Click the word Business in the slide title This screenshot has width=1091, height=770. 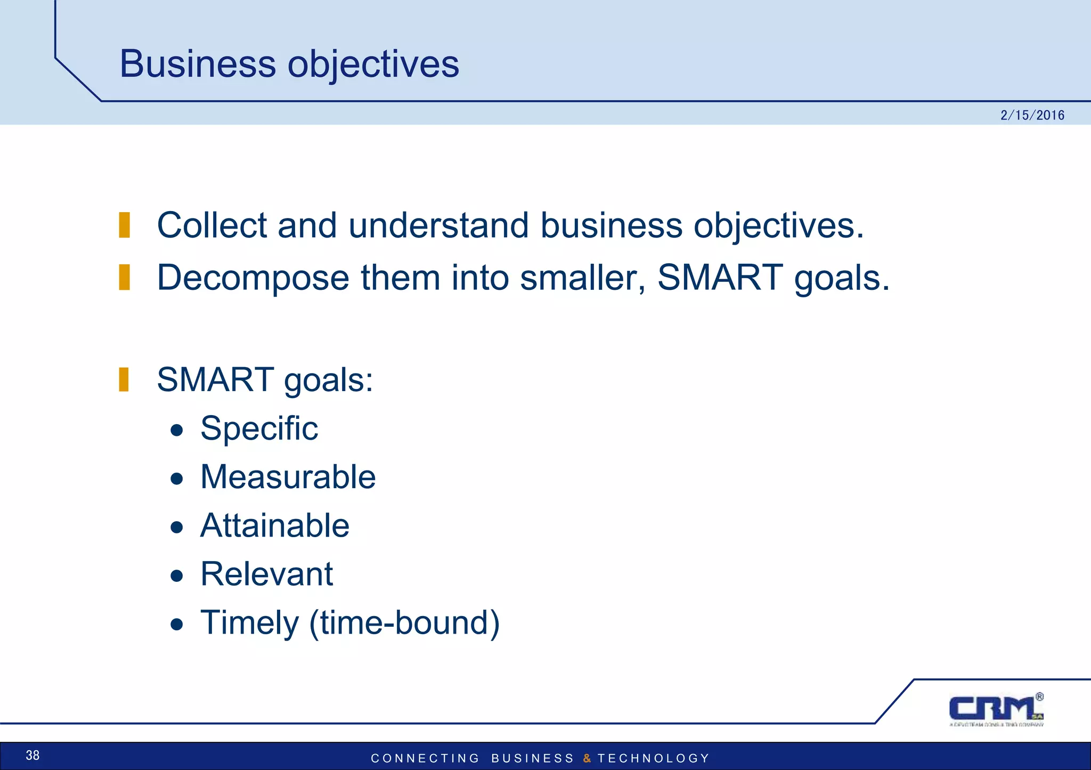[197, 64]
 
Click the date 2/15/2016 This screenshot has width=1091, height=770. [1032, 115]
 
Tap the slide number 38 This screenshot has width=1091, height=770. [32, 755]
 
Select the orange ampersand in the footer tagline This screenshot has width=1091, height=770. [587, 758]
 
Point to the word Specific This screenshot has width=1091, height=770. [259, 429]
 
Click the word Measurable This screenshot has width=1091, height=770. [288, 477]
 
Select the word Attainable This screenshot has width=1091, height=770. [274, 526]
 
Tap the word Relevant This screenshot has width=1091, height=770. [266, 574]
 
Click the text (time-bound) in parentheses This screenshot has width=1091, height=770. [404, 623]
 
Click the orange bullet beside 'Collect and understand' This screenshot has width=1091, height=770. [124, 225]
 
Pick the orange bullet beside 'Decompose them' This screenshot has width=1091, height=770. [124, 277]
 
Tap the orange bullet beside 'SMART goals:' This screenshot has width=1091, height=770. [124, 379]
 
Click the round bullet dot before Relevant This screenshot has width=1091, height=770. [177, 576]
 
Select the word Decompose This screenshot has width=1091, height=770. [253, 278]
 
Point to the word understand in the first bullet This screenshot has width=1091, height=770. [438, 225]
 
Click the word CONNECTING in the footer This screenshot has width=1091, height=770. [425, 758]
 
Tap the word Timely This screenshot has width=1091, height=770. [249, 623]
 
